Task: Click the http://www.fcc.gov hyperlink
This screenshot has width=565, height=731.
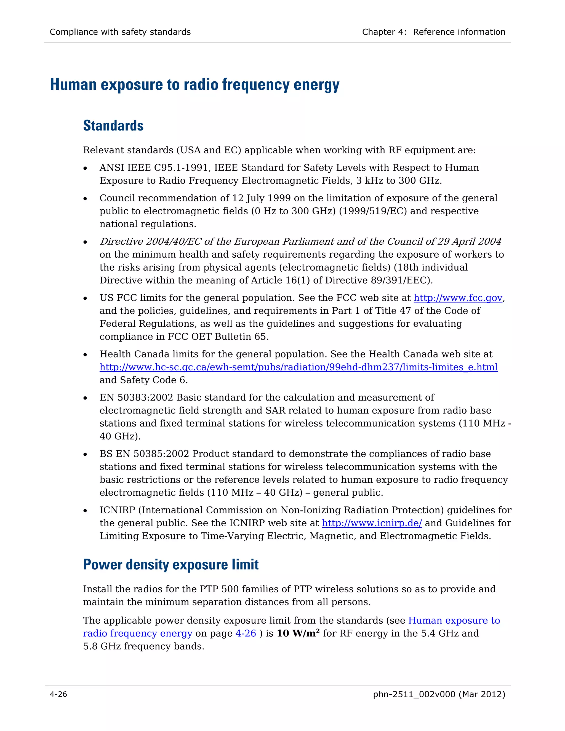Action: coord(458,298)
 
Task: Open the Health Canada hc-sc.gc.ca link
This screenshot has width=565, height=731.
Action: coord(298,367)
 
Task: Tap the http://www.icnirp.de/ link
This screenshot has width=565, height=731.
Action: coord(372,523)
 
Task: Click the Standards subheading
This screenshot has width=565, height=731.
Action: coord(113,126)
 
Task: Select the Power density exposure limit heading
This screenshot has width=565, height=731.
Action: coord(171,565)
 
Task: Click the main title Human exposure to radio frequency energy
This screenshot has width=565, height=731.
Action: coord(194,84)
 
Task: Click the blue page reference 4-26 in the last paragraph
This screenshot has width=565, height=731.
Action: coord(246,634)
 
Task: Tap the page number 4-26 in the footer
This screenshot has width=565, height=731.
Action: coord(58,694)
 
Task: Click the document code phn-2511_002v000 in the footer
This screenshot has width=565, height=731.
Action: coord(414,694)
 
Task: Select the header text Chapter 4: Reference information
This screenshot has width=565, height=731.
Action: coord(433,32)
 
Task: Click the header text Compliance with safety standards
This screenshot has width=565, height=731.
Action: coord(120,32)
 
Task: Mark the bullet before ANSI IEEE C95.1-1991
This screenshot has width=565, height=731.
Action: coord(85,168)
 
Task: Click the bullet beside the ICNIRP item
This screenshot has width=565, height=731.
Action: coord(85,511)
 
